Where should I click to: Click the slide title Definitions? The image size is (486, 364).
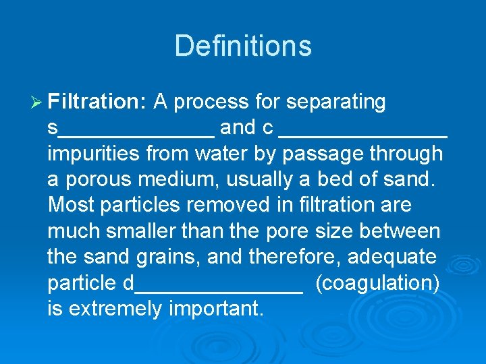[x=243, y=46]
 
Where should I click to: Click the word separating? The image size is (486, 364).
[x=335, y=102]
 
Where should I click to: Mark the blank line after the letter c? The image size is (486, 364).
[x=363, y=135]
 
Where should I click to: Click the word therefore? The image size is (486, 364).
[x=296, y=257]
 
